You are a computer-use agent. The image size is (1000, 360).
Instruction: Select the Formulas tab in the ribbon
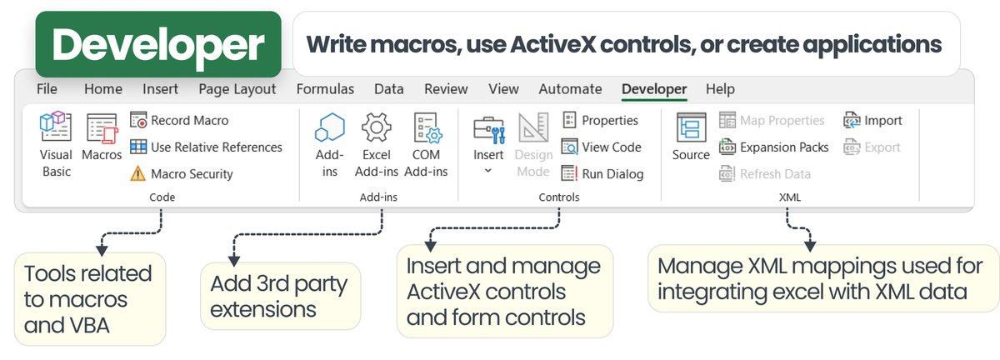coord(325,89)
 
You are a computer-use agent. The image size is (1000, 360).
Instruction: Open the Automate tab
coord(570,89)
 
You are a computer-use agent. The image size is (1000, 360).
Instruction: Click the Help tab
coord(720,89)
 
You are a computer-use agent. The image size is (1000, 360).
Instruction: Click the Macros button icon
coord(102,129)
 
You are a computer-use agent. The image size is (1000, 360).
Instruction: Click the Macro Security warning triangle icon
coord(137,174)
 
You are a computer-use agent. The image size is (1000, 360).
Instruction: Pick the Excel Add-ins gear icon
coord(377,129)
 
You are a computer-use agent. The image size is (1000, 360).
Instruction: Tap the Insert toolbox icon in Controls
coord(488,129)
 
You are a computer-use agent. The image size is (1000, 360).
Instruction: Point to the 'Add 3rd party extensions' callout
coord(280,296)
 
